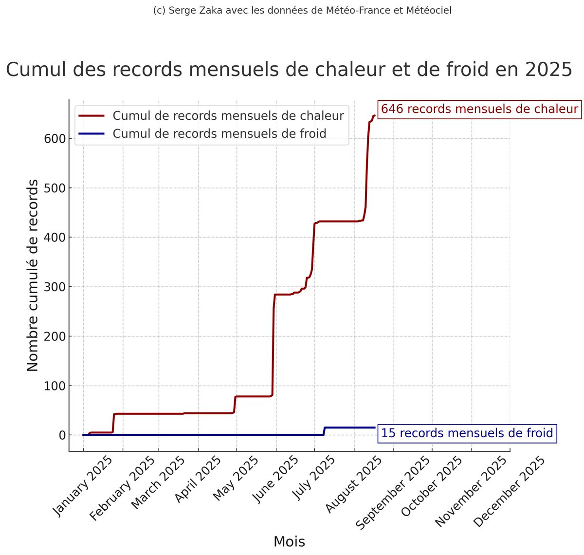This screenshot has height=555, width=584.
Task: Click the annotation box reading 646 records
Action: point(479,109)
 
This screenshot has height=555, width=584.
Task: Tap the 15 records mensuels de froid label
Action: point(467,433)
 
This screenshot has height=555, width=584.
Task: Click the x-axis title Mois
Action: point(289,541)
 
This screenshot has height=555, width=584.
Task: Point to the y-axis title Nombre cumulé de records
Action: point(32,275)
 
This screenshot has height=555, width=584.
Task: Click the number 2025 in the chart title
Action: point(548,70)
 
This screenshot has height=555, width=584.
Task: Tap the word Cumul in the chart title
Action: point(36,70)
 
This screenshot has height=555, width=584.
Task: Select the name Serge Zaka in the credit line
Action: point(187,10)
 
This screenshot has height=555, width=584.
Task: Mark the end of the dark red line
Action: point(374,115)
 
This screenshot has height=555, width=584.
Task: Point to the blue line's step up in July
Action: point(324,430)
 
